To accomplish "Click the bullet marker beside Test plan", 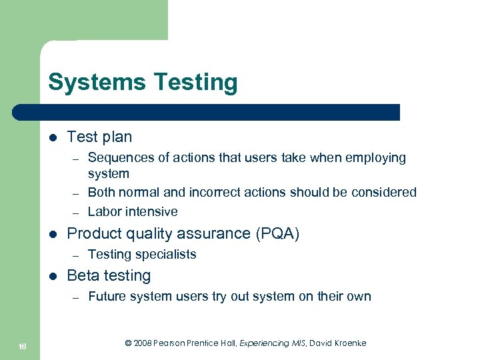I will [52, 137].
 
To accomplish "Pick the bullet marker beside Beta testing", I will [52, 276].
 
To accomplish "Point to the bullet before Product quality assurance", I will [52, 234].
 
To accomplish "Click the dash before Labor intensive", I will [77, 212].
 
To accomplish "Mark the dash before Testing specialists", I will [77, 254].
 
